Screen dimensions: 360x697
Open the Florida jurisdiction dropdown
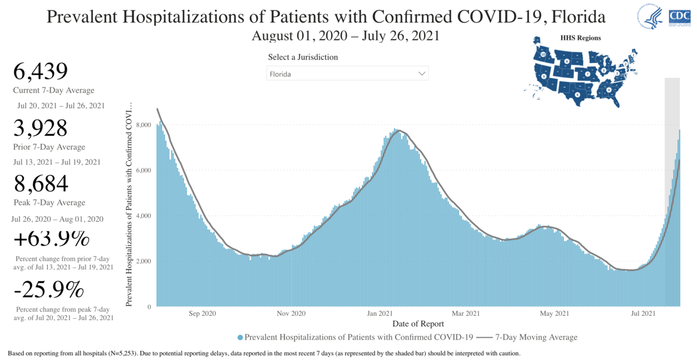coord(347,74)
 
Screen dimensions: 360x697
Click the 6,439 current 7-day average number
coord(40,72)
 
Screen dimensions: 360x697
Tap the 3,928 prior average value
coord(41,128)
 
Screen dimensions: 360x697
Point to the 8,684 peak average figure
coord(41,184)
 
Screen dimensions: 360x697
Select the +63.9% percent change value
coord(51,239)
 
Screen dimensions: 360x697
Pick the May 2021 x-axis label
coord(554,314)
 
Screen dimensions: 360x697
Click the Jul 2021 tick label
coord(642,314)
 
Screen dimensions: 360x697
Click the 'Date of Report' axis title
coord(418,324)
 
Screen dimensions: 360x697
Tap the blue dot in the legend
coord(240,337)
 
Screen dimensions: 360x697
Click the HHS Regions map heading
coord(580,38)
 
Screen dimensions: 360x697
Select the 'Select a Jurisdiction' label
coord(303,57)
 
